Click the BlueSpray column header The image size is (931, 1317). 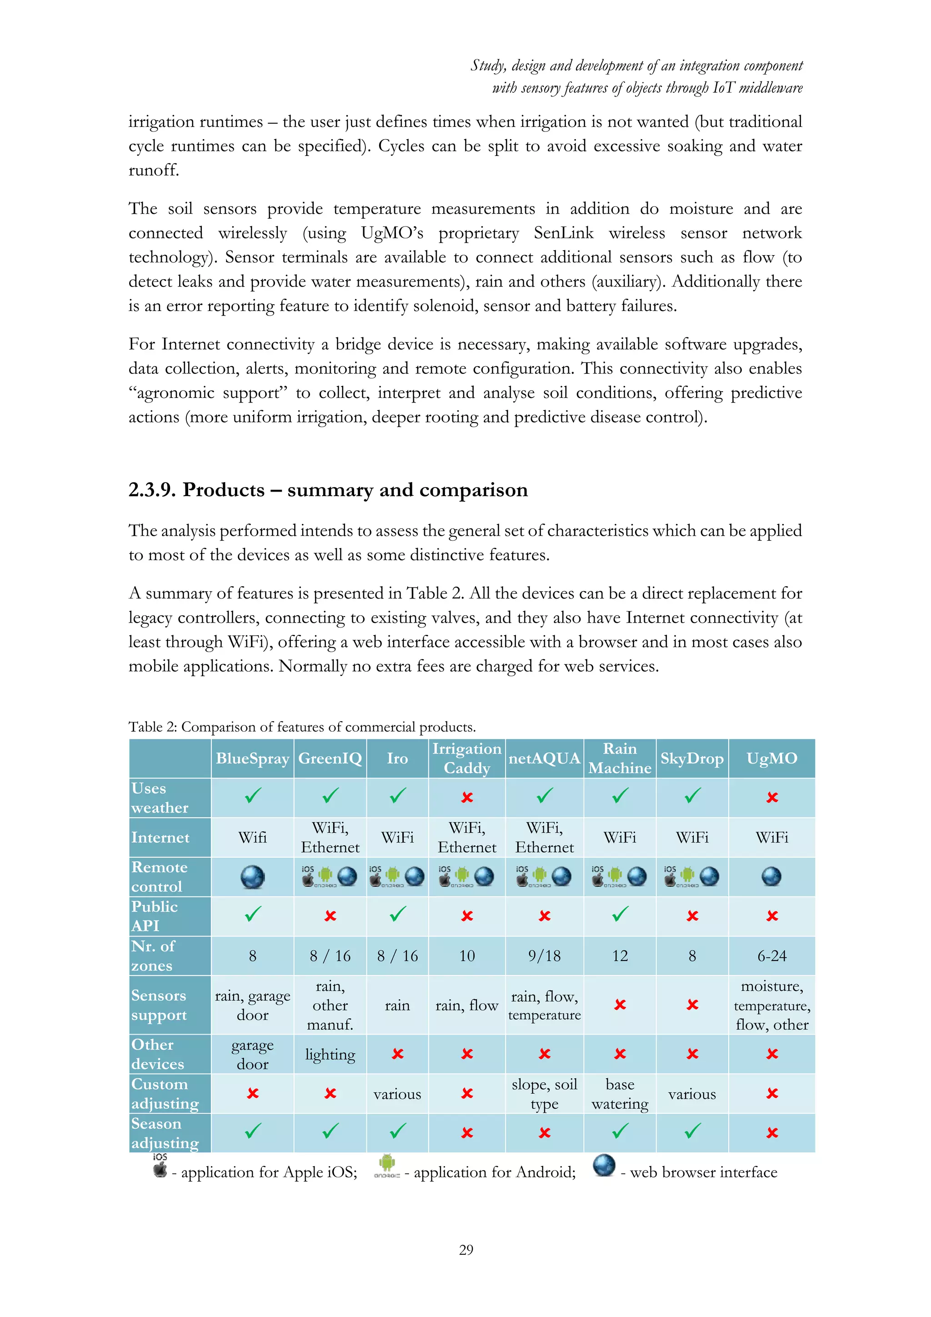[x=252, y=758]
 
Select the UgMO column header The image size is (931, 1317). [x=771, y=758]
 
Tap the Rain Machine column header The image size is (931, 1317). [x=620, y=758]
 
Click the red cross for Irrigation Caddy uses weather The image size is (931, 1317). [x=467, y=797]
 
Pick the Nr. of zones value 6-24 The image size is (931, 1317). [x=771, y=955]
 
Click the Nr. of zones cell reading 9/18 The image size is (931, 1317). [x=544, y=955]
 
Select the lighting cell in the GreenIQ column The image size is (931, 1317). [x=330, y=1054]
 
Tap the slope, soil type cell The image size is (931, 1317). [x=544, y=1094]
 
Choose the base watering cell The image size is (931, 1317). [x=620, y=1094]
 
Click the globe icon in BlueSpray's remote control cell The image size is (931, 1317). [x=252, y=876]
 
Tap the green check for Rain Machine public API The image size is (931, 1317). [x=620, y=914]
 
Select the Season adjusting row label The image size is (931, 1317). [x=165, y=1133]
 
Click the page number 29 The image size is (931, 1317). [x=466, y=1249]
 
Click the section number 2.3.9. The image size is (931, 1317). [x=152, y=490]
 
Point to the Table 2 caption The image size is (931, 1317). [x=302, y=727]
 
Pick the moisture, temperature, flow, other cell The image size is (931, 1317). [x=771, y=1005]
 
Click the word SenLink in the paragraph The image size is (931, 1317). [x=564, y=233]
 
